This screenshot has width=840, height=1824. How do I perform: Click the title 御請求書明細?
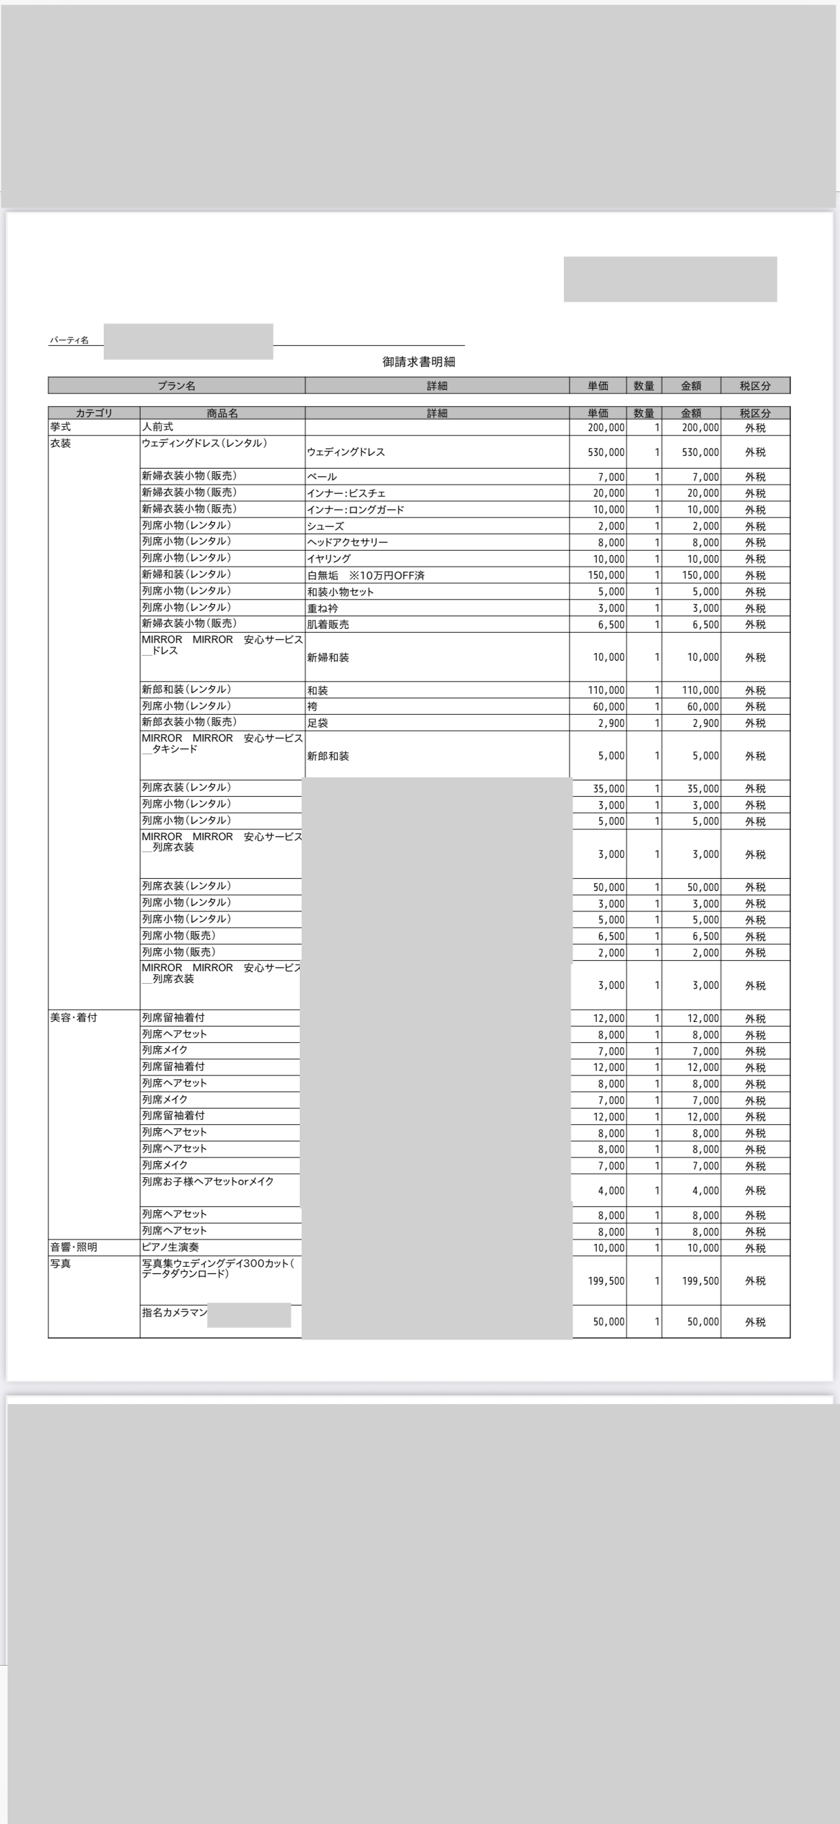click(x=419, y=362)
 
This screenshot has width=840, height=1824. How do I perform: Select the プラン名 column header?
click(x=176, y=386)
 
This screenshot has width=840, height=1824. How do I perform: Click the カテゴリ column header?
click(x=94, y=413)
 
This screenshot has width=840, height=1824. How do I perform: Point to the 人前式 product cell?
click(x=157, y=427)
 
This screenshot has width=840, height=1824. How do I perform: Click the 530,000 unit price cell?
click(x=606, y=452)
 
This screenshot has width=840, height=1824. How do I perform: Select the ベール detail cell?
click(x=321, y=477)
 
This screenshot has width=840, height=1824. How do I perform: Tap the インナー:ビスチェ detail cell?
click(x=346, y=494)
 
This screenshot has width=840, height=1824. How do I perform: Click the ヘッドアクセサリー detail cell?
click(x=347, y=542)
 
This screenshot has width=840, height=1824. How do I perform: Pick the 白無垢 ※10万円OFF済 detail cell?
click(x=365, y=576)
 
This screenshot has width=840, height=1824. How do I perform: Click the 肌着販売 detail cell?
click(x=328, y=625)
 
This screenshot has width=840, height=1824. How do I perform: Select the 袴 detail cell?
click(x=312, y=707)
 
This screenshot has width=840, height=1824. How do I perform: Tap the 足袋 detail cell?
click(x=318, y=723)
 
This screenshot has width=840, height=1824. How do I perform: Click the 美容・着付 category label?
click(x=74, y=1018)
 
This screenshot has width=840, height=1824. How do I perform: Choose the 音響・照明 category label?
click(x=74, y=1247)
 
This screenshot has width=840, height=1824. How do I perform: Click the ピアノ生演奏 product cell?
click(x=170, y=1247)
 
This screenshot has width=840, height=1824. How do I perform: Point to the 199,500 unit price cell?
click(x=606, y=1281)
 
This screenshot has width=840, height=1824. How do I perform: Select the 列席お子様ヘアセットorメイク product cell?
click(x=207, y=1182)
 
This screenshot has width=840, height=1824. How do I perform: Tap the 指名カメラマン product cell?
click(x=174, y=1313)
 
